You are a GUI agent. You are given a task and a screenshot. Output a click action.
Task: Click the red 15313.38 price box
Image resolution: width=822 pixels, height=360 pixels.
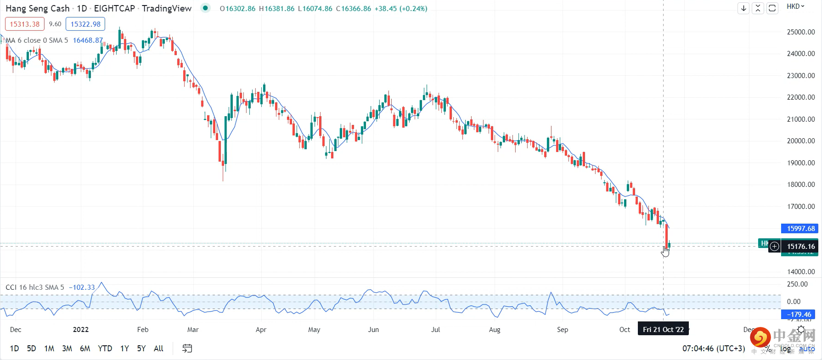tap(25, 24)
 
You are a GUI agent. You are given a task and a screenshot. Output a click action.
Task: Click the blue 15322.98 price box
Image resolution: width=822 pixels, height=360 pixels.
tap(85, 24)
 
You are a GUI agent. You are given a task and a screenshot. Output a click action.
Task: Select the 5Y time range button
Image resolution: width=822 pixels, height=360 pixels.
tap(141, 349)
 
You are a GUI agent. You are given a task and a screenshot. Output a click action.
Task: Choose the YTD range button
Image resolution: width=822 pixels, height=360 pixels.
tap(105, 349)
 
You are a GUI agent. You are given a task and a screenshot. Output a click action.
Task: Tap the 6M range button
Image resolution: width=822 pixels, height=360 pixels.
tap(85, 349)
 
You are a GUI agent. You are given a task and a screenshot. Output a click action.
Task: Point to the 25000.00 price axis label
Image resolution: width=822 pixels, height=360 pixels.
tap(801, 32)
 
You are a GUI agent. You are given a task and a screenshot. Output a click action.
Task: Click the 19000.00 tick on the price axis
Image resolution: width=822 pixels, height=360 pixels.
tap(801, 163)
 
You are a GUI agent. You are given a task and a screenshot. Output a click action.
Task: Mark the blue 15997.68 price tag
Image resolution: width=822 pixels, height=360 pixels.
tap(801, 229)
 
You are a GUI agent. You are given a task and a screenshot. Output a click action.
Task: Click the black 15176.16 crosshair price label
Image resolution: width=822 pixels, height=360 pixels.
tap(801, 247)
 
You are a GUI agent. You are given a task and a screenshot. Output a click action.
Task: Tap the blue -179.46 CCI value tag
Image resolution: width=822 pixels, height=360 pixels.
tap(799, 315)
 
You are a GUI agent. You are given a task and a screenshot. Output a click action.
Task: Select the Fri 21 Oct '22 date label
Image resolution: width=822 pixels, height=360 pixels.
tap(663, 330)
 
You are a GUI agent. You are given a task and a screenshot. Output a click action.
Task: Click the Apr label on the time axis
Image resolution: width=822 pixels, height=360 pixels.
tap(261, 330)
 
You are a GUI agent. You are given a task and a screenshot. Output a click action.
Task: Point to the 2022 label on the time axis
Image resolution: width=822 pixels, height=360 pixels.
tap(81, 330)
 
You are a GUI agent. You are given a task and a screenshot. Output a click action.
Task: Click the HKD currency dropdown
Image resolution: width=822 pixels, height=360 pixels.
tap(795, 6)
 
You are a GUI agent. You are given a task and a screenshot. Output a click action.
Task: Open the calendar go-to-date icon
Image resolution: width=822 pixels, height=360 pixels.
tap(187, 349)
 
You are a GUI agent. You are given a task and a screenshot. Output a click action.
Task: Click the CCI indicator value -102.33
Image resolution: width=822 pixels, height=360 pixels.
tap(82, 287)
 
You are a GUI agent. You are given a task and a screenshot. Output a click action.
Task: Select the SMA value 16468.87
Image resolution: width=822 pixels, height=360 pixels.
tap(88, 40)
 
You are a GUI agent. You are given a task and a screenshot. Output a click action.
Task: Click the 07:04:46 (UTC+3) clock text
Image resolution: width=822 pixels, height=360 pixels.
tap(714, 349)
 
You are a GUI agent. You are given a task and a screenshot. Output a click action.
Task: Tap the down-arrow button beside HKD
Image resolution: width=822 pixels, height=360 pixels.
tap(743, 8)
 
